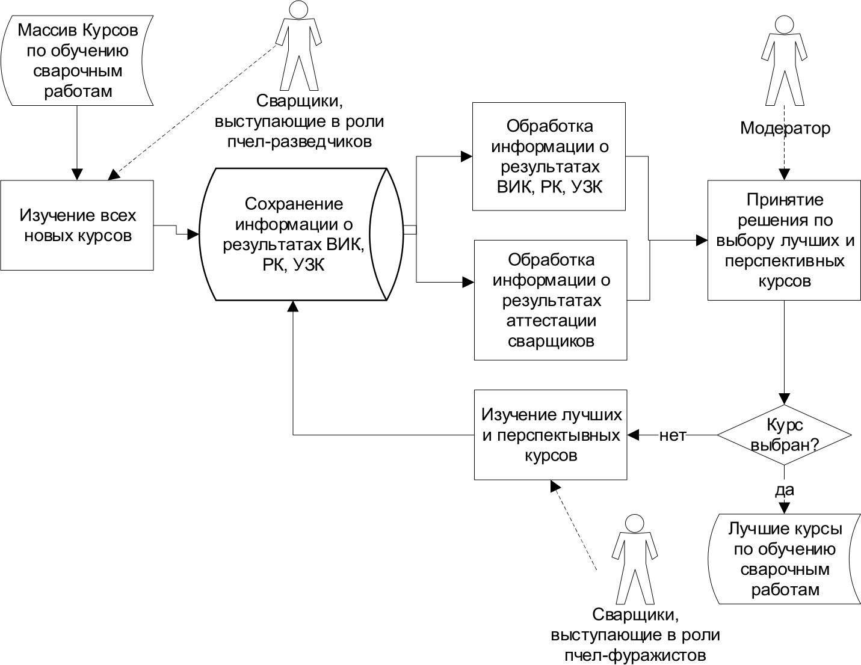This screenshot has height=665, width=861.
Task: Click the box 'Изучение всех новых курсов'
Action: [x=77, y=225]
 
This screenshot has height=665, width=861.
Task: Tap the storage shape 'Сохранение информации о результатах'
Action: [x=294, y=234]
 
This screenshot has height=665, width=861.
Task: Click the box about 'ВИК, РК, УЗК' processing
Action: [x=549, y=156]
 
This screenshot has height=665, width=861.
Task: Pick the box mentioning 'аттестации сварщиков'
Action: [x=550, y=300]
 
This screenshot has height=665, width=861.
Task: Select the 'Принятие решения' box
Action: [x=783, y=240]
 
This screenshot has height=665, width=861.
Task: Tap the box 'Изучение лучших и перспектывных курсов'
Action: [x=550, y=435]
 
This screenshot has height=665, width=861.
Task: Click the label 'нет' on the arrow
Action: [x=673, y=435]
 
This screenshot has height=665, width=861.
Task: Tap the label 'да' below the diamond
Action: [x=784, y=489]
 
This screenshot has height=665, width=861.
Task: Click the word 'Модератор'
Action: [x=785, y=128]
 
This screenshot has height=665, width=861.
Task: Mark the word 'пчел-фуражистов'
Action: [x=635, y=654]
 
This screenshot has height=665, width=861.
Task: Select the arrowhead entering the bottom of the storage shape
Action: [x=293, y=306]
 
